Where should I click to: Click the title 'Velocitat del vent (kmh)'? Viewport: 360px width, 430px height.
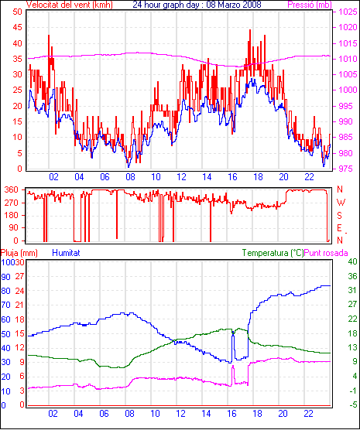pyautogui.click(x=70, y=5)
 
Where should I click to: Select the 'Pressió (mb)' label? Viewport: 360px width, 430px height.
pyautogui.click(x=310, y=5)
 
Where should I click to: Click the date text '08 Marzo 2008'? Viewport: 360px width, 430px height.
pyautogui.click(x=233, y=5)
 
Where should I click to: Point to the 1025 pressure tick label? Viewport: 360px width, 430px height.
pyautogui.click(x=348, y=12)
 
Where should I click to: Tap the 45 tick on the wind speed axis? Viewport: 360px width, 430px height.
pyautogui.click(x=17, y=27)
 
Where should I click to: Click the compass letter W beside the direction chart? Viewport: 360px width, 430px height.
pyautogui.click(x=341, y=203)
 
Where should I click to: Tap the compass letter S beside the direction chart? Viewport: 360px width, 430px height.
pyautogui.click(x=339, y=216)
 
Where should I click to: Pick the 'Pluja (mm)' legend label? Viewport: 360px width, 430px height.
pyautogui.click(x=19, y=253)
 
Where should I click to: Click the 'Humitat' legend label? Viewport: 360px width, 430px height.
pyautogui.click(x=66, y=253)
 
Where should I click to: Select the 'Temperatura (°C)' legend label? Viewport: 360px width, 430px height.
pyautogui.click(x=273, y=253)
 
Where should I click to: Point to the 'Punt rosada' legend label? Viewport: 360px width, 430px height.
pyautogui.click(x=326, y=253)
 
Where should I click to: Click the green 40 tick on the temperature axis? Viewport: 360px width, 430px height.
pyautogui.click(x=352, y=261)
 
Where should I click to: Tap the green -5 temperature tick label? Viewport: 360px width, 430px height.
pyautogui.click(x=352, y=404)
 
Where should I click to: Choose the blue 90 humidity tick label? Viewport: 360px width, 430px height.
pyautogui.click(x=5, y=277)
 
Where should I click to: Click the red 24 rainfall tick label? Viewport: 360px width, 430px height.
pyautogui.click(x=19, y=291)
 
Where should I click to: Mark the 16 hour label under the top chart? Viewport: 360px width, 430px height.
pyautogui.click(x=232, y=177)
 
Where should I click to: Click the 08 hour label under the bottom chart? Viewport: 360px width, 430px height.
pyautogui.click(x=129, y=414)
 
